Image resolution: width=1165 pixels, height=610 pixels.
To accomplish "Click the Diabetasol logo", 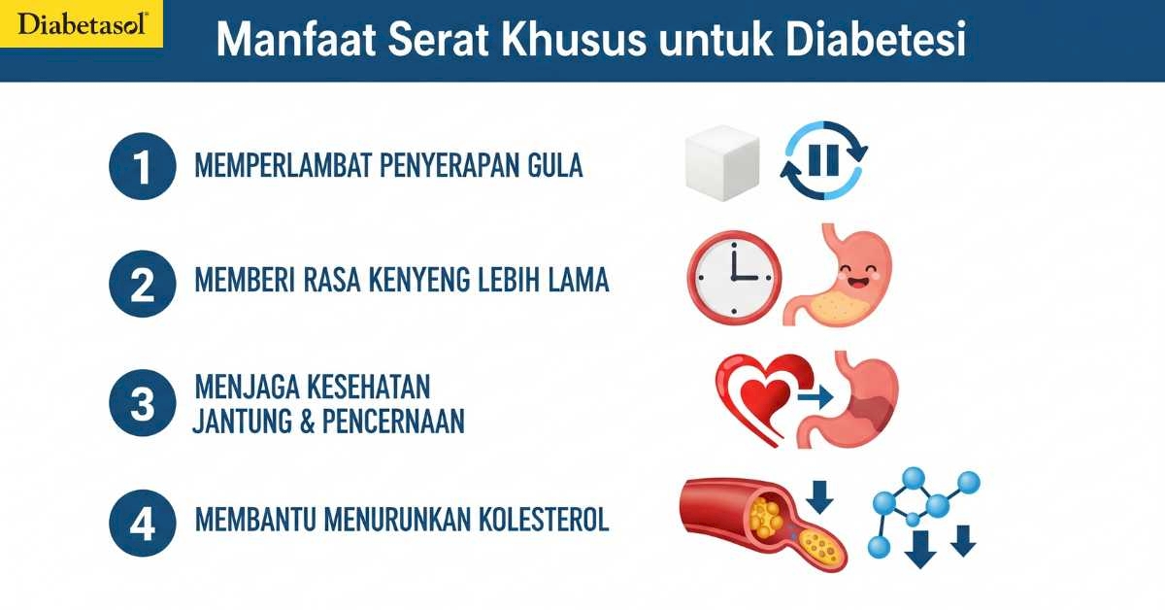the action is [82, 24].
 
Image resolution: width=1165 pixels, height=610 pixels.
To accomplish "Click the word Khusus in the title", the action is [573, 39].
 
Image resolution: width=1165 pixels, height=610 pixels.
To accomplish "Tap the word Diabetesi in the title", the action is [876, 39].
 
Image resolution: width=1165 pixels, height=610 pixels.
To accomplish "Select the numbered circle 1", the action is [143, 166].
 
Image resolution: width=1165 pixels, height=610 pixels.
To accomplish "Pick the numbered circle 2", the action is [143, 284].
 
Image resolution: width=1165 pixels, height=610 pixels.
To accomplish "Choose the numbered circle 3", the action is [143, 403].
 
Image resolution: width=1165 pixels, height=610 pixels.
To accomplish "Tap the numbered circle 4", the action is [143, 523].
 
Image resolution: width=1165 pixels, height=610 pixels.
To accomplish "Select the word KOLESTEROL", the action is [543, 519].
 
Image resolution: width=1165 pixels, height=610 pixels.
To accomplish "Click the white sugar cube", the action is [722, 163].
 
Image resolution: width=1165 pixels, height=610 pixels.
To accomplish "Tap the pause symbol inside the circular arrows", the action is [824, 160].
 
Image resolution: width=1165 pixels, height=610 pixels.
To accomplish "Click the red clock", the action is [734, 278].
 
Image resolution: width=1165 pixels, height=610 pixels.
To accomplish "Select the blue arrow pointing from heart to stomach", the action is [816, 397].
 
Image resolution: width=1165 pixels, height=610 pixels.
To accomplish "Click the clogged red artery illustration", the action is [763, 525].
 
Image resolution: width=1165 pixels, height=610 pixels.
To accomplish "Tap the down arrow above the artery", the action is [819, 497].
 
